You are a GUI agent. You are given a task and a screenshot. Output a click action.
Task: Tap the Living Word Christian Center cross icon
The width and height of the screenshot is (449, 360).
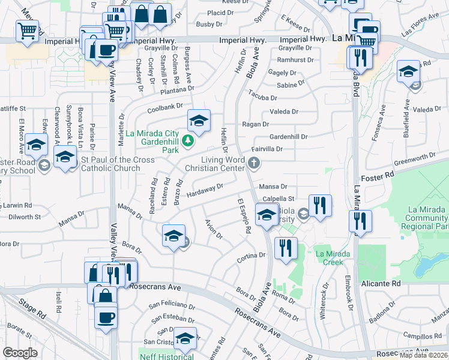click(255, 162)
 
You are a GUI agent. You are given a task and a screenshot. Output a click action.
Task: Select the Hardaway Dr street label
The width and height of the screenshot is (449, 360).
click(205, 190)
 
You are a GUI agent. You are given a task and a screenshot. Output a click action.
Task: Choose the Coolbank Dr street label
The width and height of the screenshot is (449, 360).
click(166, 107)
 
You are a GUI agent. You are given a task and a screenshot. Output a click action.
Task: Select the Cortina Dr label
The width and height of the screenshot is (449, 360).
click(251, 255)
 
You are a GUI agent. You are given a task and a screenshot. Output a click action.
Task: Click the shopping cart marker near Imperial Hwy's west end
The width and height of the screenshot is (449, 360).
click(27, 31)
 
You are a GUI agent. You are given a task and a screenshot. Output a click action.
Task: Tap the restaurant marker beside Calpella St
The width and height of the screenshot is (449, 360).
click(320, 206)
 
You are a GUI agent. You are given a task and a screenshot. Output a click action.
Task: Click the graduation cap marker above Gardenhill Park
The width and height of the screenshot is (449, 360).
click(199, 121)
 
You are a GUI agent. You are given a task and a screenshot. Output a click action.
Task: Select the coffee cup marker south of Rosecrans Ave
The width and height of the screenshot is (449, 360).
click(106, 317)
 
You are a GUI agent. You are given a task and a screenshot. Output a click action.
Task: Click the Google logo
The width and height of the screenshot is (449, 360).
click(20, 353)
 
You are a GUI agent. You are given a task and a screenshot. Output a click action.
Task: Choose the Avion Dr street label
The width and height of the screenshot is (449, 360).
click(214, 228)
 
